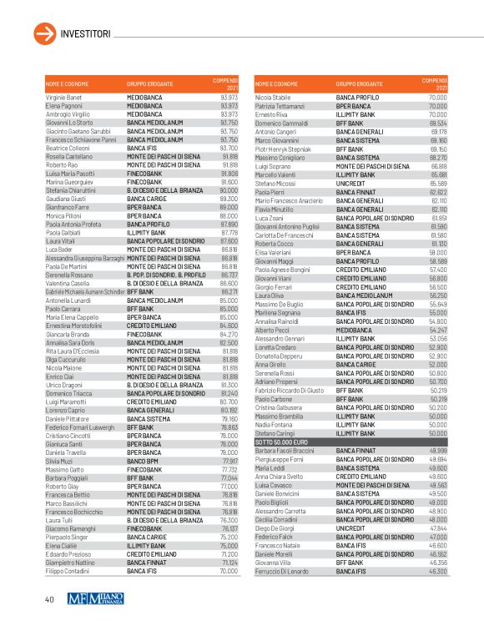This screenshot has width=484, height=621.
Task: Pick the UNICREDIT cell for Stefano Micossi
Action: click(x=350, y=184)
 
